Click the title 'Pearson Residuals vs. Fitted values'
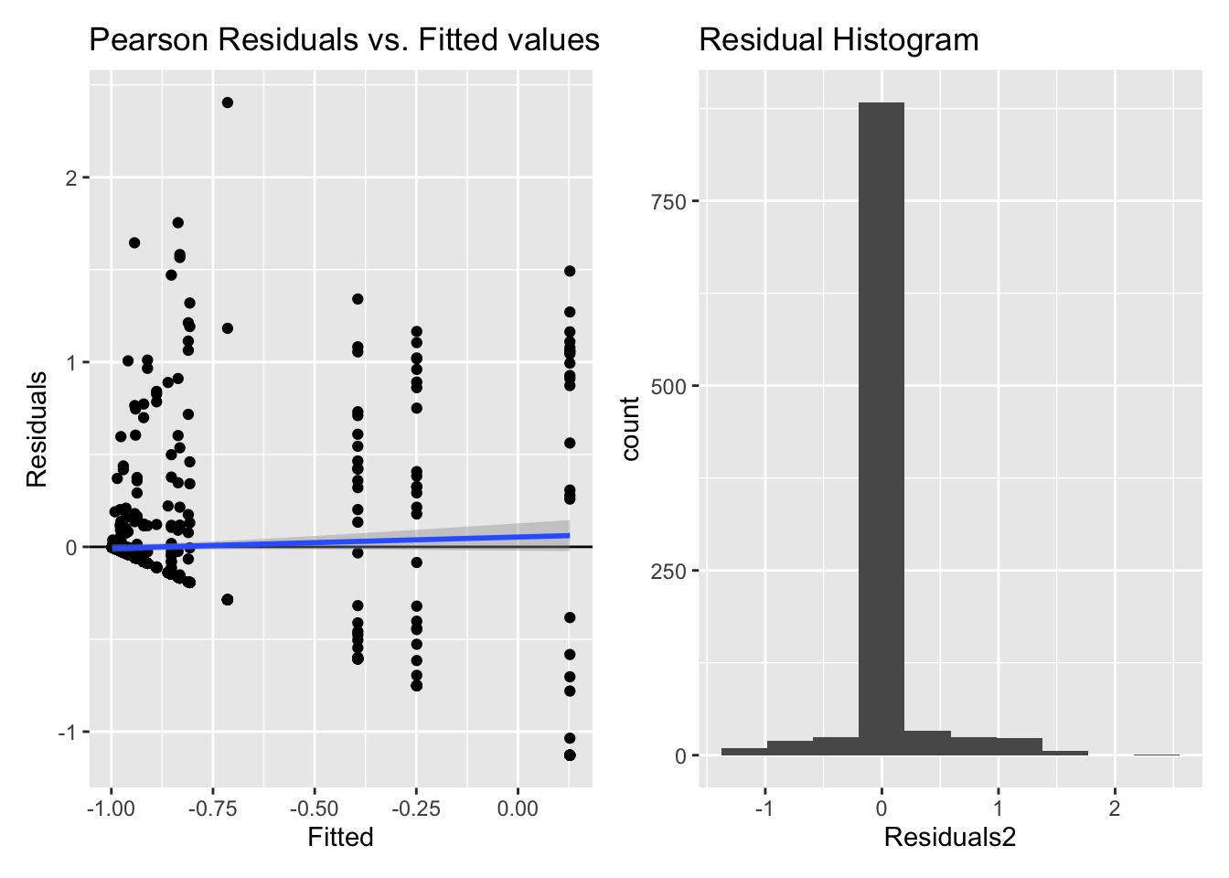click(x=344, y=40)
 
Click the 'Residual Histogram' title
click(x=839, y=40)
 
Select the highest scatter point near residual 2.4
click(x=228, y=102)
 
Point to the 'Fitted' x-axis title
click(x=340, y=838)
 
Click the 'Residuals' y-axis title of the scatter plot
click(x=37, y=429)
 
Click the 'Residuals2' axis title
click(x=950, y=838)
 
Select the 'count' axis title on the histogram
click(x=629, y=429)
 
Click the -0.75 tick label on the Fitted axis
click(x=212, y=809)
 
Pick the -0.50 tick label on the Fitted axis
click(x=314, y=809)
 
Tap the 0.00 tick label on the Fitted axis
click(x=518, y=809)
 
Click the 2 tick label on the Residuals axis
click(x=70, y=177)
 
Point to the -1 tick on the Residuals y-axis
click(x=67, y=732)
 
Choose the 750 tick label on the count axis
click(x=668, y=201)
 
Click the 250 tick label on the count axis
click(x=668, y=571)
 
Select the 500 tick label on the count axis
click(x=668, y=386)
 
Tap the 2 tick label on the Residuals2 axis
click(x=1115, y=809)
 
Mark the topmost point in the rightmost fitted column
click(x=570, y=271)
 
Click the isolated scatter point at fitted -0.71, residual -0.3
click(x=228, y=600)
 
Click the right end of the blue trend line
click(x=569, y=535)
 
